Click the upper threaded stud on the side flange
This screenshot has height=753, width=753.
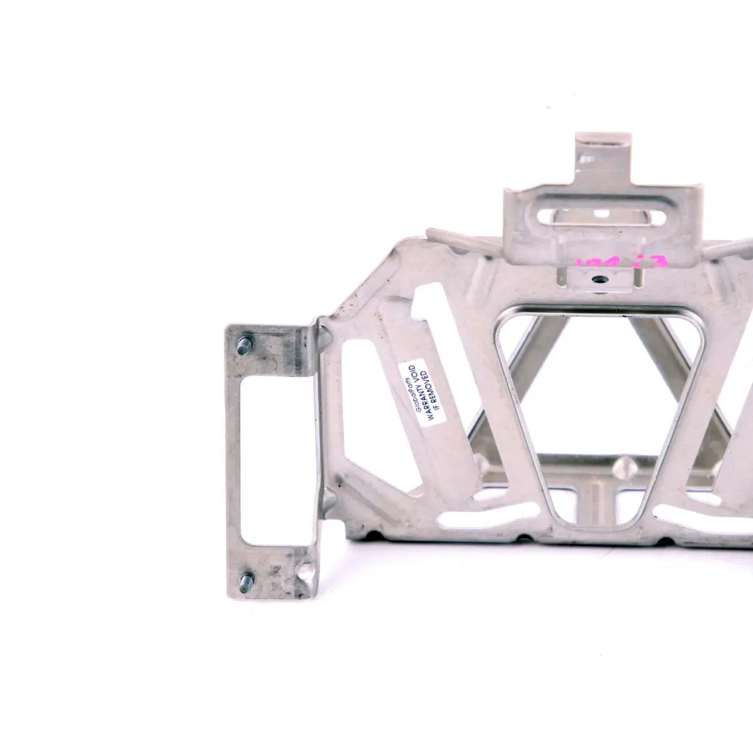pos(244,345)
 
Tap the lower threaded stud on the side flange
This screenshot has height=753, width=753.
pos(245,582)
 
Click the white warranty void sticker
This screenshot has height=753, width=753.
pos(422,392)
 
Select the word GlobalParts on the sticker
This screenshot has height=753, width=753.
pos(411,390)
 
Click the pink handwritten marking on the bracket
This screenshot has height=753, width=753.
pos(622,264)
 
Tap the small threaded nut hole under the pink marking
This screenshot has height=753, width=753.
pos(600,279)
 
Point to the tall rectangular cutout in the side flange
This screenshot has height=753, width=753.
pos(277,460)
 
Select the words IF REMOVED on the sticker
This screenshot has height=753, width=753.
pos(433,393)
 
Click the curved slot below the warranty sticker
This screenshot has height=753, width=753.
pos(488,516)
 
